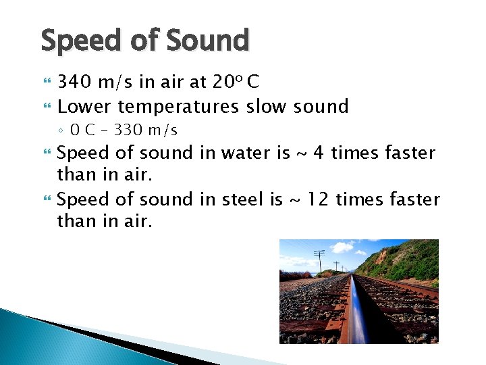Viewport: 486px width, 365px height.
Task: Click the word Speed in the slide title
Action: point(80,41)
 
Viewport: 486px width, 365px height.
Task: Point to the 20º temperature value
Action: point(227,82)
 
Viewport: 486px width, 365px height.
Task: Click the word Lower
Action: point(84,107)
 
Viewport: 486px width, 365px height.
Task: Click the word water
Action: point(242,153)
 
